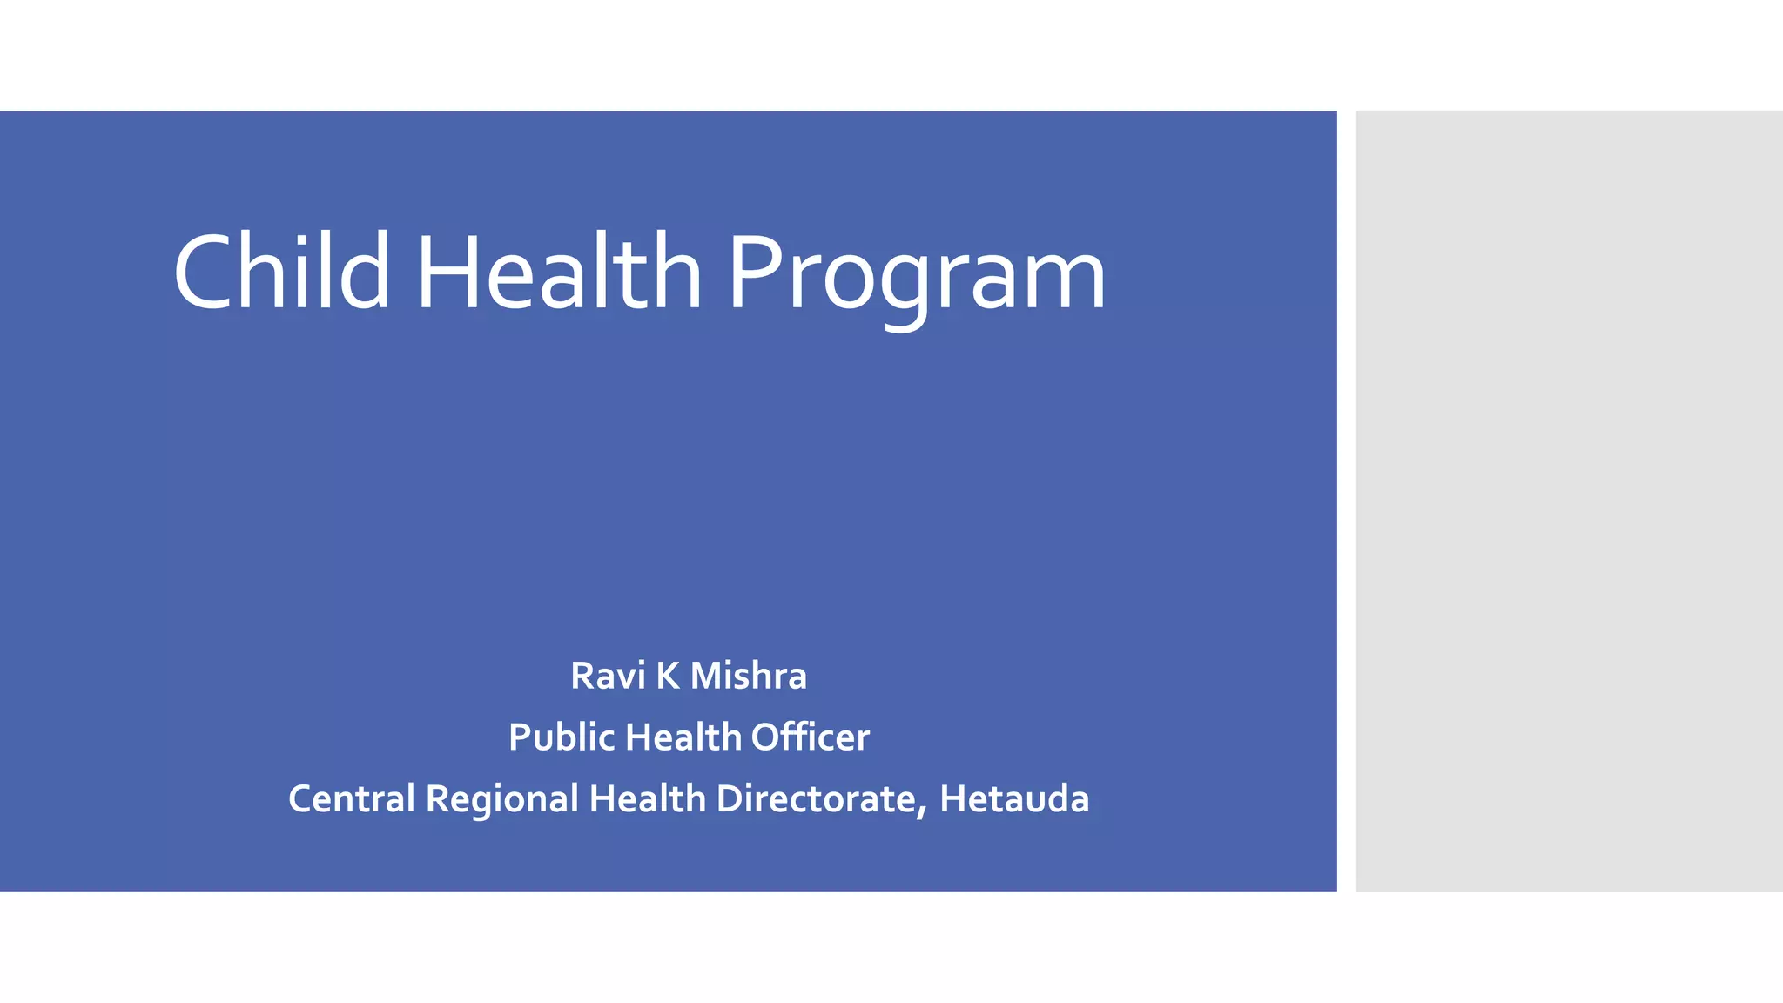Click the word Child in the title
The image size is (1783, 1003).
281,272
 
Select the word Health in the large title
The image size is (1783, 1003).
559,272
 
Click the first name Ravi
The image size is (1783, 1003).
608,676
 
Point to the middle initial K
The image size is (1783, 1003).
668,676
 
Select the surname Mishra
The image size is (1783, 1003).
749,676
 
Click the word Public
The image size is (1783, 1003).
562,737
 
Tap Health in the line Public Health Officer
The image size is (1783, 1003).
683,737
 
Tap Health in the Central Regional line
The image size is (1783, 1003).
647,799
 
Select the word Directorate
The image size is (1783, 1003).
816,799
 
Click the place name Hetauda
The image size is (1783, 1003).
1014,799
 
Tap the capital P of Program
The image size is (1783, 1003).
754,272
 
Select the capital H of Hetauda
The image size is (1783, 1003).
952,799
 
